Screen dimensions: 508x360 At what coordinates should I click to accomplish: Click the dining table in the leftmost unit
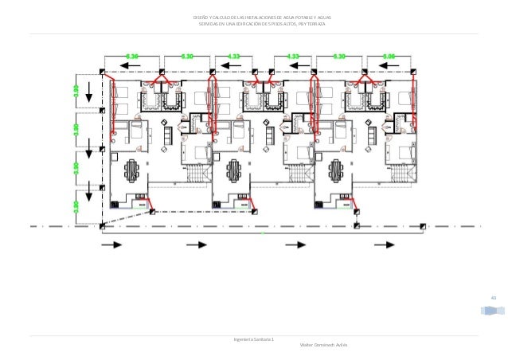tap(131, 170)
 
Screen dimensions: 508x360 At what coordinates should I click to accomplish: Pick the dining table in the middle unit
tap(235, 170)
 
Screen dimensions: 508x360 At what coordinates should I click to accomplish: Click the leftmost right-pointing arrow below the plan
tap(111, 245)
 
